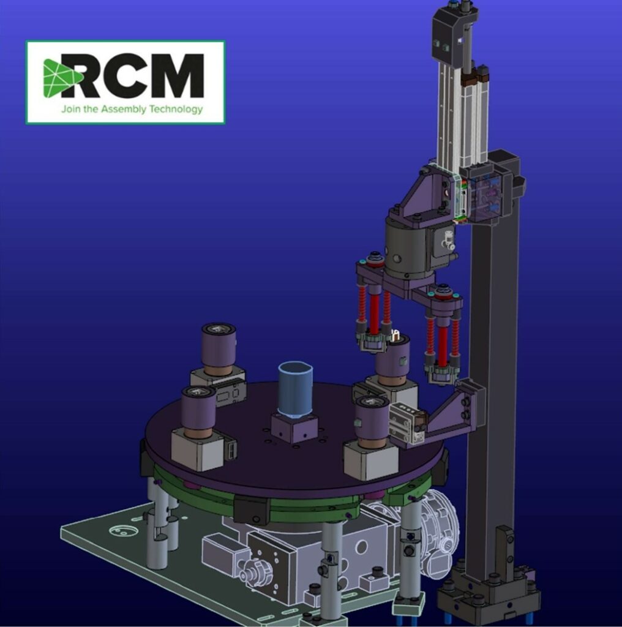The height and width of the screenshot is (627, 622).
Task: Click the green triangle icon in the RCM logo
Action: click(60, 78)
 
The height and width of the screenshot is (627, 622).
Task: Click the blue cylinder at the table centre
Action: click(296, 389)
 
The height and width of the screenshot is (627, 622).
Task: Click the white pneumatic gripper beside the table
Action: click(407, 422)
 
